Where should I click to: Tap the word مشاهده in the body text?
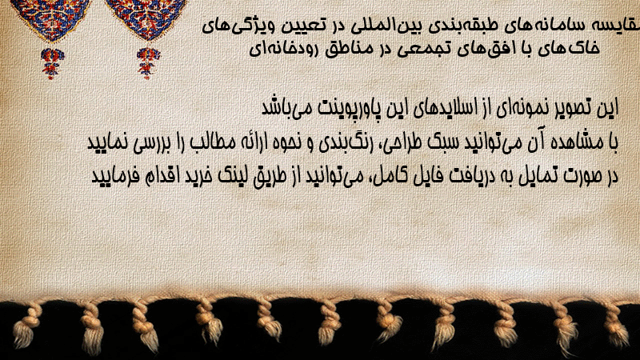[x=571, y=142]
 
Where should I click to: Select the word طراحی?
[x=403, y=143]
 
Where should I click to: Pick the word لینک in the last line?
[x=234, y=175]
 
